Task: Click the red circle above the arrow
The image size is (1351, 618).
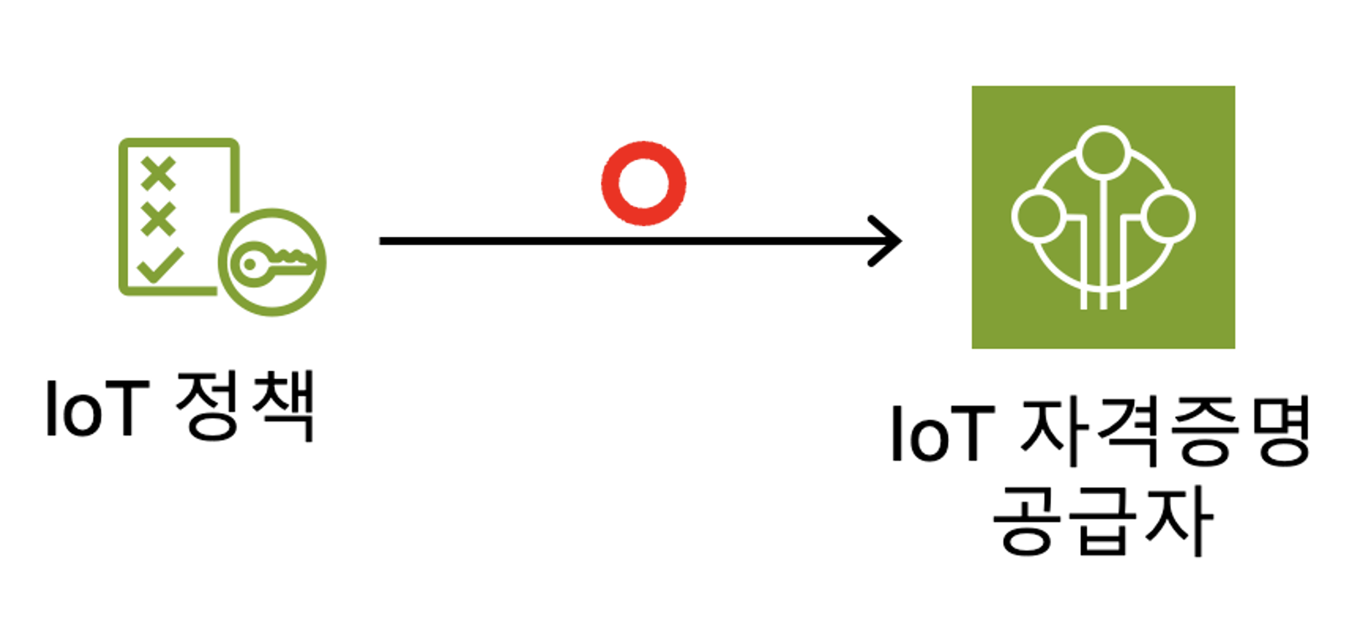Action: [x=644, y=183]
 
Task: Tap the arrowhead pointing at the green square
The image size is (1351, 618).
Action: [x=887, y=241]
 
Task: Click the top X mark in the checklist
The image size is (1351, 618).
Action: [x=158, y=174]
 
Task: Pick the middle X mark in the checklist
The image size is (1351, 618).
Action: [x=158, y=219]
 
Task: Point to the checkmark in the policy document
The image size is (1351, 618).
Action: [x=160, y=265]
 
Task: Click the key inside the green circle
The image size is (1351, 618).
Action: [x=273, y=263]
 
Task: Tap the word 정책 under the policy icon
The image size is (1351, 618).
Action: [x=245, y=405]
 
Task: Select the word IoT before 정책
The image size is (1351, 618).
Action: [x=96, y=409]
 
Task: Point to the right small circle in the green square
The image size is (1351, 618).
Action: [x=1167, y=215]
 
